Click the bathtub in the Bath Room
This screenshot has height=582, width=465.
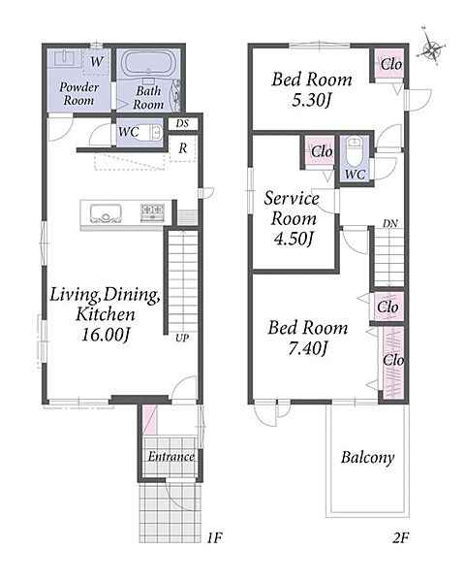(148, 63)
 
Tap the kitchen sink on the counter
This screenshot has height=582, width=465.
(106, 213)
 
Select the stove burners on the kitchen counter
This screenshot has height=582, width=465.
(152, 213)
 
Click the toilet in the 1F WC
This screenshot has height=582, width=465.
(155, 132)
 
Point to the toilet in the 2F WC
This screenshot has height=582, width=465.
(355, 152)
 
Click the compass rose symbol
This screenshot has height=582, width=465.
(431, 48)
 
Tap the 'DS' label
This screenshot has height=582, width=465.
(182, 123)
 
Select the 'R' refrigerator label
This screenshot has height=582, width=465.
(183, 148)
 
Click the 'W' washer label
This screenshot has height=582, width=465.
(97, 61)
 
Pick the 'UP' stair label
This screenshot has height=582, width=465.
(182, 338)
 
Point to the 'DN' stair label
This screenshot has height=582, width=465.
(390, 223)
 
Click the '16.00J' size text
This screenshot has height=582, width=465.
(106, 336)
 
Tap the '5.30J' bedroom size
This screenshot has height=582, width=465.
(311, 100)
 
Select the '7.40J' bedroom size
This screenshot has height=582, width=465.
(308, 348)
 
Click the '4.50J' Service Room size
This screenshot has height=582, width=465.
(294, 239)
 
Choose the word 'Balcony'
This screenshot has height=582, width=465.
(367, 458)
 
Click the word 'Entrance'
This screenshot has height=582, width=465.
(170, 456)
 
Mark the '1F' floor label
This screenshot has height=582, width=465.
(214, 537)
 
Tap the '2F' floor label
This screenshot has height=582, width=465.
(400, 537)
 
